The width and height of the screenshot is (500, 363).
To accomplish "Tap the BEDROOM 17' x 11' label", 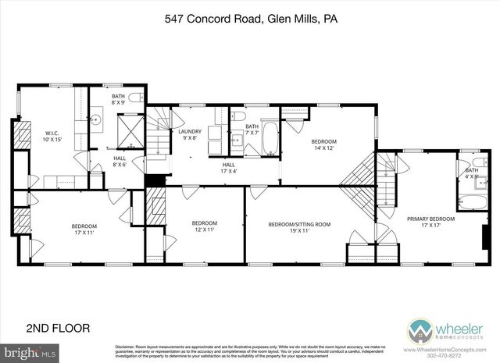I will pyautogui.click(x=80, y=229).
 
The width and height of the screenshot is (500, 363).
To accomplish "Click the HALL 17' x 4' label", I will pyautogui.click(x=229, y=168).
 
